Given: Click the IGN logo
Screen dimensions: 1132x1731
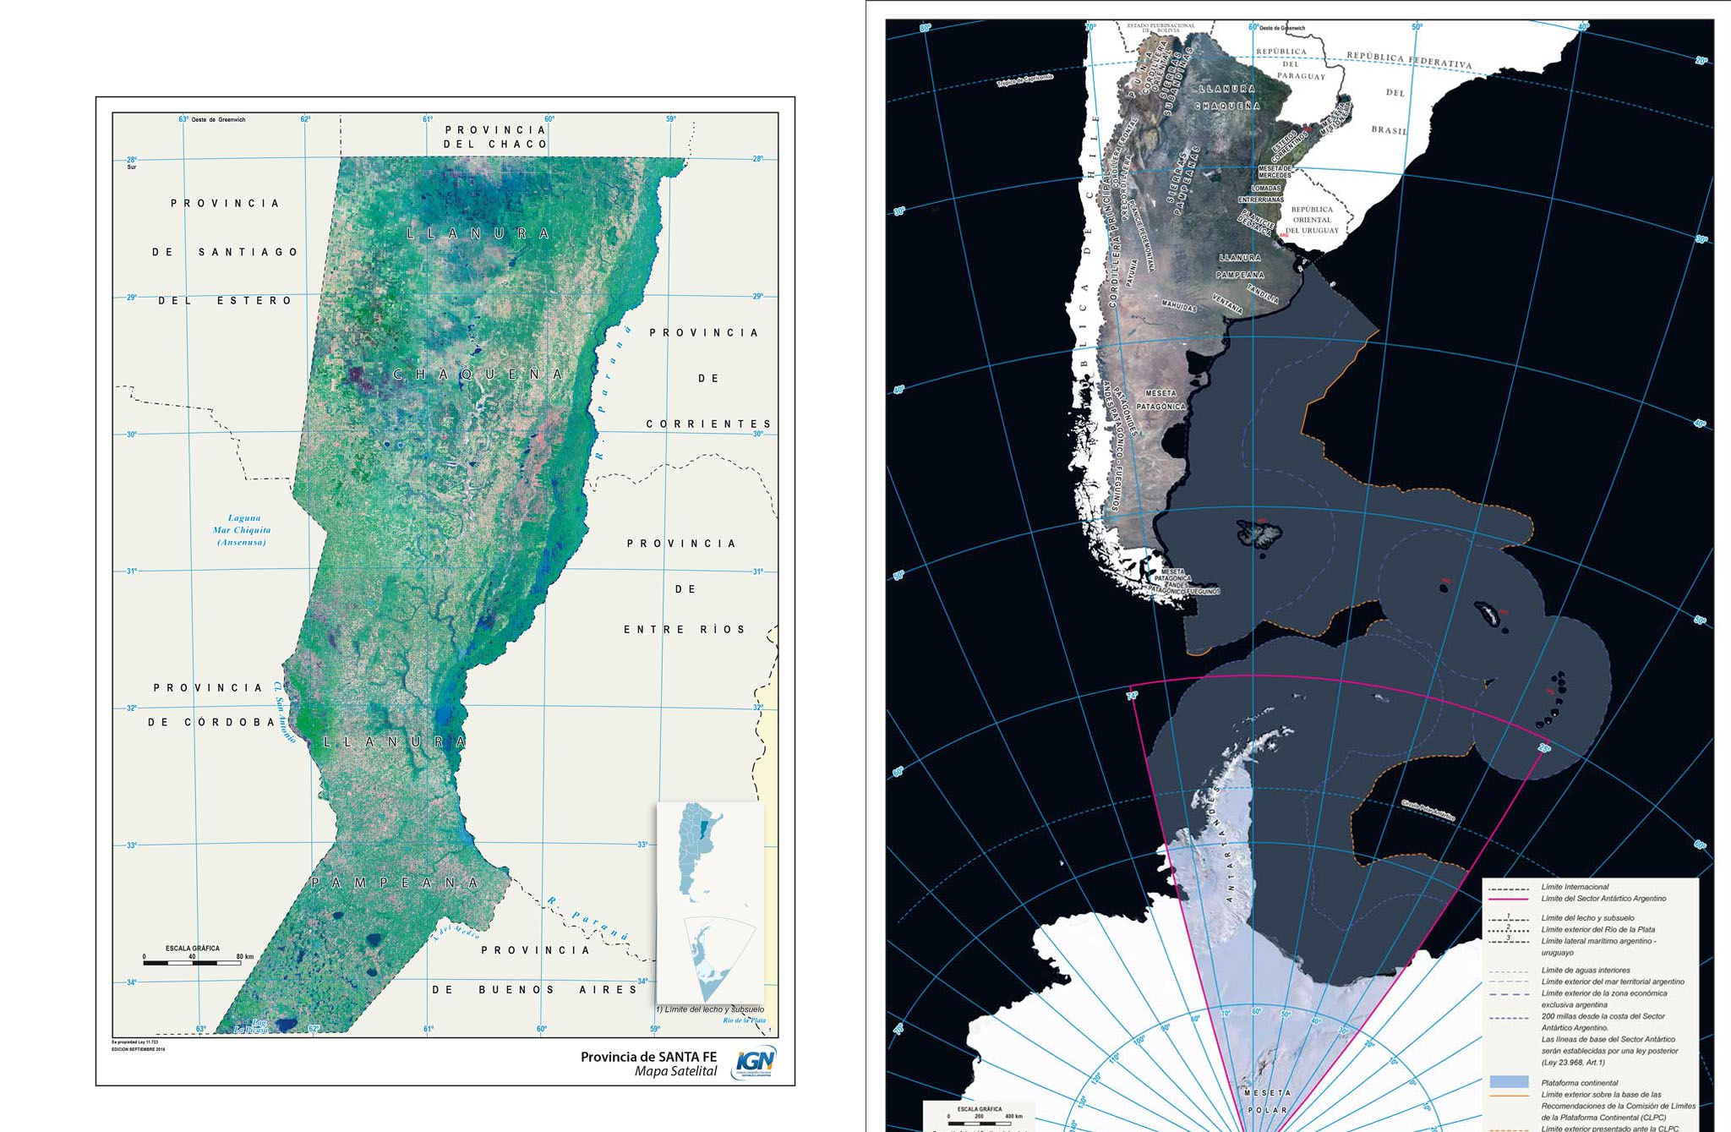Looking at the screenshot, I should coord(755,1063).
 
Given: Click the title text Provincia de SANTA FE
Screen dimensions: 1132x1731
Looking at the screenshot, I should coord(648,1057).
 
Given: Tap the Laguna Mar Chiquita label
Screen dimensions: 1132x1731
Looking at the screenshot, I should coord(243,530).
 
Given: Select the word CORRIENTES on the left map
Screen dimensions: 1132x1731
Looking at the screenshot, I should coord(708,424).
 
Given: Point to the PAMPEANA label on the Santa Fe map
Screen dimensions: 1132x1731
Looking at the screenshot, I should coord(396,883).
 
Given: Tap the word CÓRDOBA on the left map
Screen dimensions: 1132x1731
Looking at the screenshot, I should coord(230,722).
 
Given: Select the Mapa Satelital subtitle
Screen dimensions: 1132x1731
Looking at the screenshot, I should coord(675,1071).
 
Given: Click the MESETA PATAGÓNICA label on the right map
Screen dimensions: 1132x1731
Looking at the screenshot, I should coord(1160,400).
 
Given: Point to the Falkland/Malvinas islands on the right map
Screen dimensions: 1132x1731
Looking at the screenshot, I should coord(1259,533).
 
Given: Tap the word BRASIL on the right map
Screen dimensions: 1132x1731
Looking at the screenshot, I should coord(1390,130).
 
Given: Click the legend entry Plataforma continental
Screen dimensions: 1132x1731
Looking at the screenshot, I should coord(1579,1082).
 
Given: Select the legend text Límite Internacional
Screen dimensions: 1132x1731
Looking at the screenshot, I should coord(1575,887).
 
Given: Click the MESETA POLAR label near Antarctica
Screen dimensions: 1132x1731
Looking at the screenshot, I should coord(1268,1101).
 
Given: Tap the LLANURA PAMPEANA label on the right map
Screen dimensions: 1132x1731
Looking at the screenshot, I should coord(1240,266).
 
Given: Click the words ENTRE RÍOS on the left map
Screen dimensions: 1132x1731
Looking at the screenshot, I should coord(685,630).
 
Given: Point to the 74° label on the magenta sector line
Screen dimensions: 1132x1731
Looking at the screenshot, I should coord(1132,696).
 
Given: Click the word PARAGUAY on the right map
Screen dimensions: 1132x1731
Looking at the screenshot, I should coord(1301,76).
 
